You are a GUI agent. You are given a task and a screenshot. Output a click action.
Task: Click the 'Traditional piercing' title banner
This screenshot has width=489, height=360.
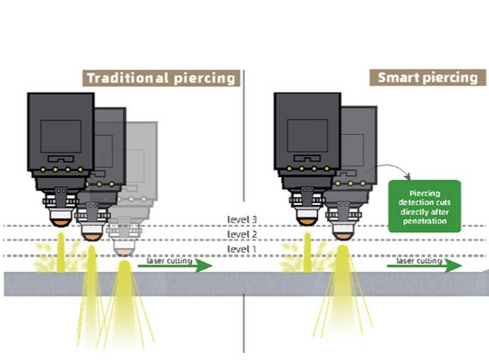point(162,78)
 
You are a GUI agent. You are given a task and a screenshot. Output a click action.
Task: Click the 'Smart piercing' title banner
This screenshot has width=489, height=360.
point(428,78)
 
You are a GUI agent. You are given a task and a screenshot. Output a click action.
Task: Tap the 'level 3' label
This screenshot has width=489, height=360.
point(242,219)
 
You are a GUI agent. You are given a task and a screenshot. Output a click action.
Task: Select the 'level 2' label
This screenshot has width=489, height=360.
point(242,234)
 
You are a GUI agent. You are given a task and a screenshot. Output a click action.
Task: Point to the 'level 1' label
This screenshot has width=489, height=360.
point(242,249)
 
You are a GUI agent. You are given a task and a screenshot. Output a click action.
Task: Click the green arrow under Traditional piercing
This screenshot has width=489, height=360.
point(175,266)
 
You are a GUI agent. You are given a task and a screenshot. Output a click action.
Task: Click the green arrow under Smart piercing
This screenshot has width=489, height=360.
point(424,266)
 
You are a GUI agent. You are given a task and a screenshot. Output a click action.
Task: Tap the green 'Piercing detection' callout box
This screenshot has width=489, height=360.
point(424,206)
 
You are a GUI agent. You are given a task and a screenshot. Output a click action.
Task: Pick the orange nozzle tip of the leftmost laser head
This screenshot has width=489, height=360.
point(61,223)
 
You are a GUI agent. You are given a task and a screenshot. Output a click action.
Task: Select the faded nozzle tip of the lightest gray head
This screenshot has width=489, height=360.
point(124,252)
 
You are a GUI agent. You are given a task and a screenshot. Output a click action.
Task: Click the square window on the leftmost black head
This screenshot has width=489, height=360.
point(61,137)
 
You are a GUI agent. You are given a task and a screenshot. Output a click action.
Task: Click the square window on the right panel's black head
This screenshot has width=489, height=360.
point(307,136)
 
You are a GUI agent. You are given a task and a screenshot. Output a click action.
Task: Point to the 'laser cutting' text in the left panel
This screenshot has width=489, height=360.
point(169,261)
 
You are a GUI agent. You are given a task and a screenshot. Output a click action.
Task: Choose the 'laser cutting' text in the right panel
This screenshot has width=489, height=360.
point(419,261)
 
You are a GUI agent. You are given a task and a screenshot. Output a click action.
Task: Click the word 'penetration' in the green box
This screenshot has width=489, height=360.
point(425,221)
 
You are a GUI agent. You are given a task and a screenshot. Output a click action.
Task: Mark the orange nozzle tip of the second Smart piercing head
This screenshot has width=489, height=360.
point(343,237)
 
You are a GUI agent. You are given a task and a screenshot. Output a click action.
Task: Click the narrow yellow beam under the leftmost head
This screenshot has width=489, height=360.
point(61,253)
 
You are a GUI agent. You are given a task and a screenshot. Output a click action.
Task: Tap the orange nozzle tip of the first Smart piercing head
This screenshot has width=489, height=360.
point(307,222)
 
